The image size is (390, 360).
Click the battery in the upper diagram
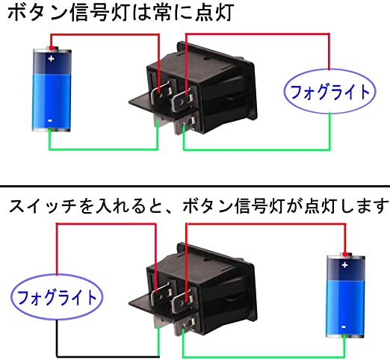[52, 89]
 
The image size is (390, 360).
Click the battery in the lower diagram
[345, 296]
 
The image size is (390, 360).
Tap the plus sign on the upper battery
[52, 59]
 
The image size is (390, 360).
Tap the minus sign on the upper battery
[50, 121]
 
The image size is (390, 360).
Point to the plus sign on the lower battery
[344, 265]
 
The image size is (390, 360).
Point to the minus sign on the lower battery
[344, 327]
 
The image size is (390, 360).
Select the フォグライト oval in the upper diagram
[329, 92]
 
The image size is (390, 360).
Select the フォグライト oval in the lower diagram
[57, 297]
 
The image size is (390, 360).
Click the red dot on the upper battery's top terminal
[52, 48]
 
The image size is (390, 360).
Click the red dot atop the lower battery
[344, 254]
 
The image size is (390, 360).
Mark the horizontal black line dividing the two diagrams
[195, 186]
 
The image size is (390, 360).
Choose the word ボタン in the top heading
[37, 13]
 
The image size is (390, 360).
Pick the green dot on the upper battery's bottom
[50, 129]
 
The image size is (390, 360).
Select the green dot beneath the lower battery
[344, 336]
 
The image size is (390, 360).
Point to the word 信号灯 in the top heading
[100, 13]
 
